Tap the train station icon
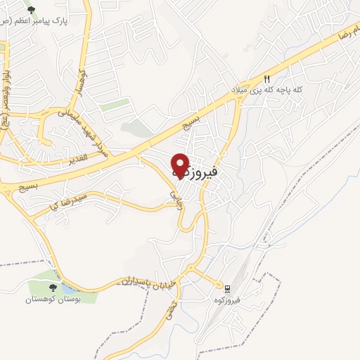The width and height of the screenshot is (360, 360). click(x=227, y=288)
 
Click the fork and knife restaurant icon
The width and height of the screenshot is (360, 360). click(x=267, y=79)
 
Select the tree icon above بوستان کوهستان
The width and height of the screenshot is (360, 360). click(x=53, y=288)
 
